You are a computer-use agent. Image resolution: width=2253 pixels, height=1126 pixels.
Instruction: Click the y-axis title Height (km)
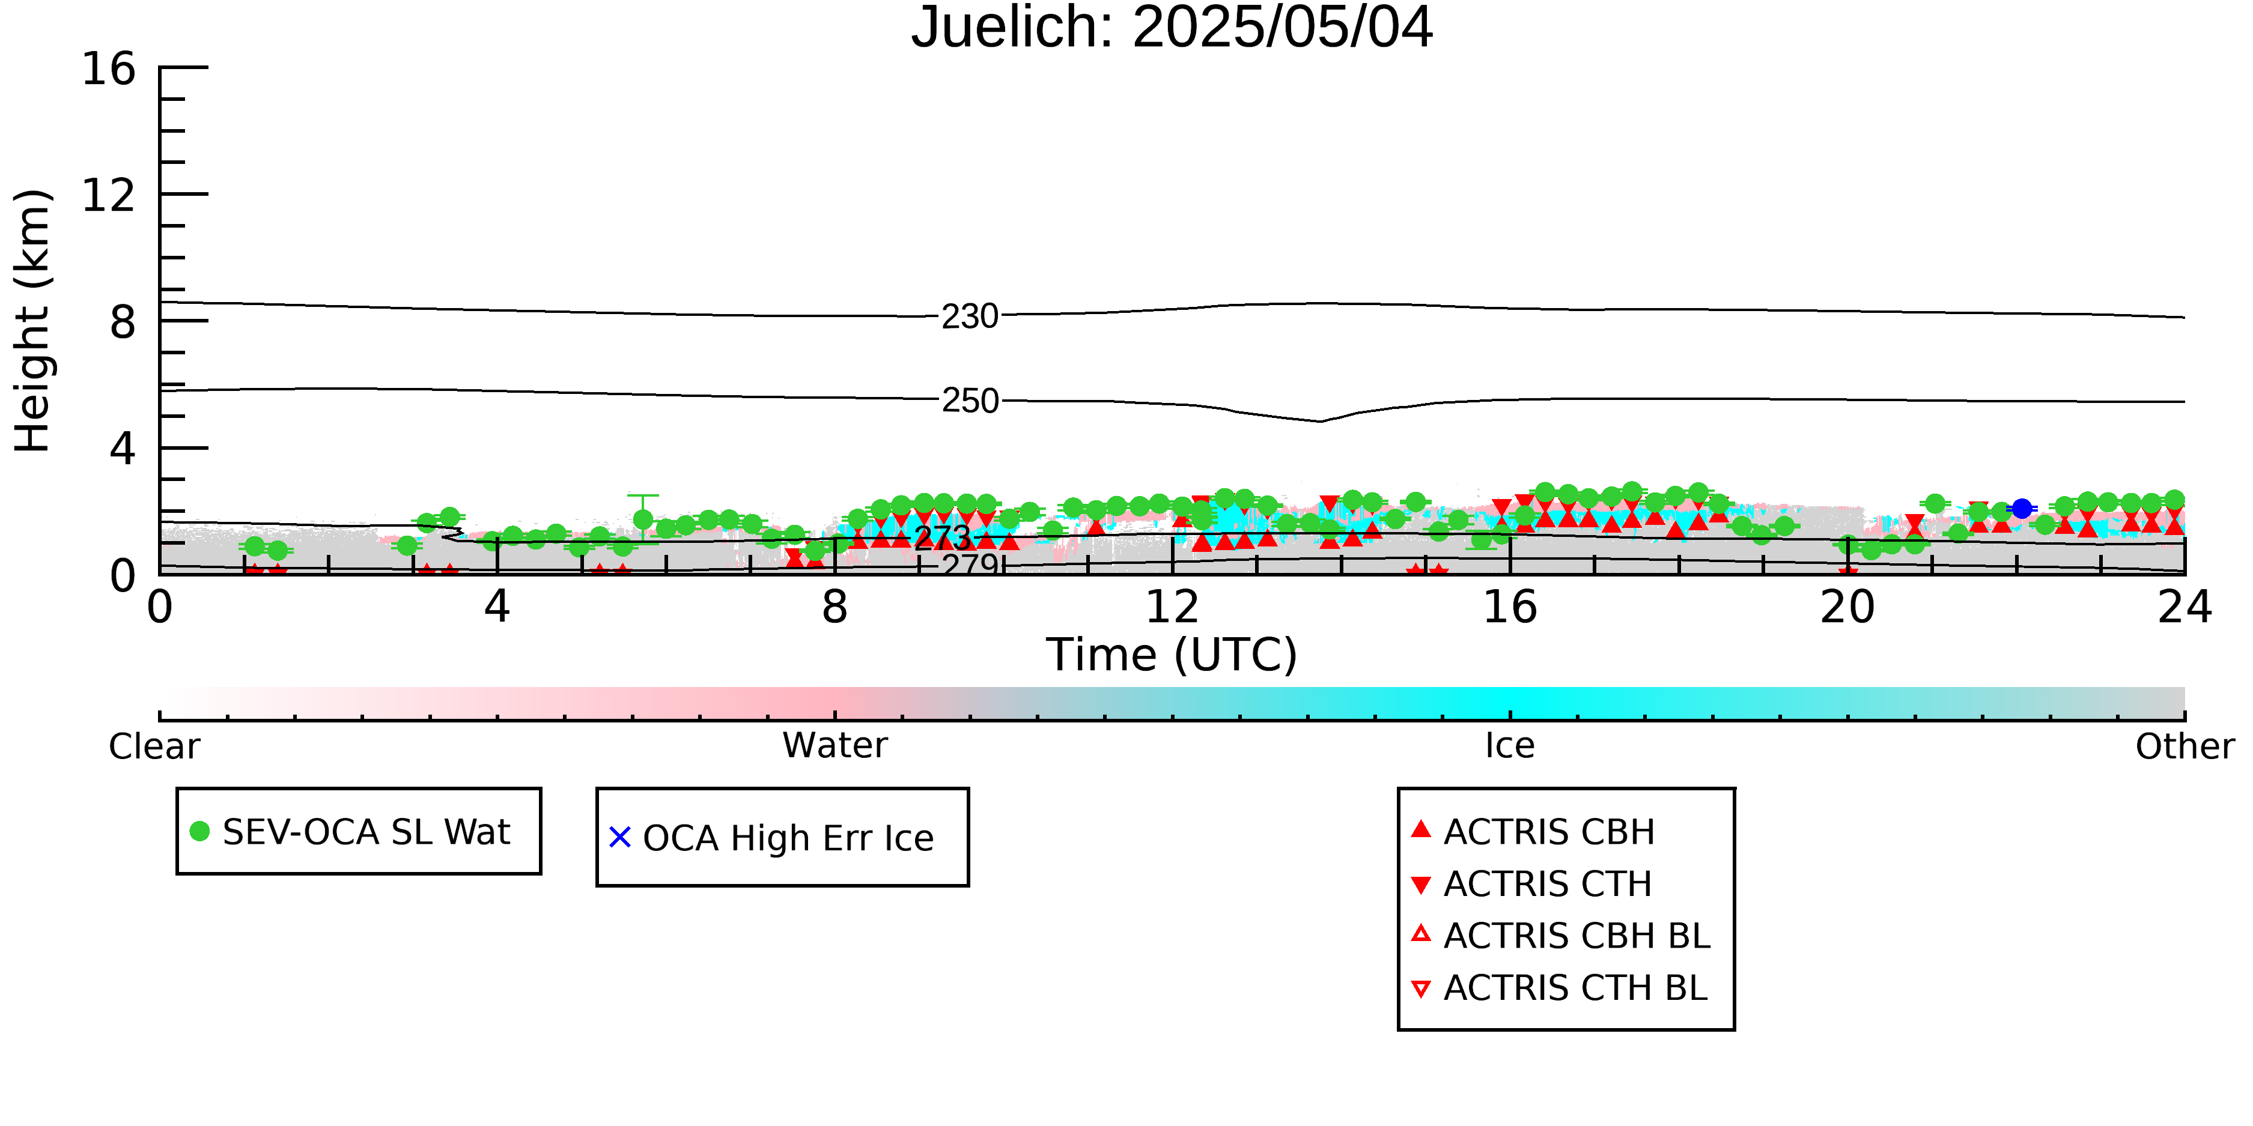pos(33,321)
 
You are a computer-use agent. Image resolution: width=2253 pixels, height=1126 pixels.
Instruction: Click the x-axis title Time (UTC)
pos(1172,655)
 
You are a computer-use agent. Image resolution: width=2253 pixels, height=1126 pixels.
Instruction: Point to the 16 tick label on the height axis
pos(109,68)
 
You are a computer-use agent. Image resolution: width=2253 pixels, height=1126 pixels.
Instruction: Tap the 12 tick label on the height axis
pos(109,195)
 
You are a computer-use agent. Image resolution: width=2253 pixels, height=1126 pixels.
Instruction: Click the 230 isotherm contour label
pos(970,316)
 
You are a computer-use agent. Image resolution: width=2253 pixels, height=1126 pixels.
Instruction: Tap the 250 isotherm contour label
pos(970,401)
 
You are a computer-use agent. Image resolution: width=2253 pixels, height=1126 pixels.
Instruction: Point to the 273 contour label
pos(943,537)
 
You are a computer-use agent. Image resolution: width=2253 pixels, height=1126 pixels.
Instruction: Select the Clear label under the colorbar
pos(154,746)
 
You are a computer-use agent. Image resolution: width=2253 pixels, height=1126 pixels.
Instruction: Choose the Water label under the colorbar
pos(835,746)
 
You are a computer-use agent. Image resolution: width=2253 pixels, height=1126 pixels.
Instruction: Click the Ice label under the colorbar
pos(1510,746)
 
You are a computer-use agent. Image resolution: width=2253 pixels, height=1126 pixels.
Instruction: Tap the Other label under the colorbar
pos(2185,746)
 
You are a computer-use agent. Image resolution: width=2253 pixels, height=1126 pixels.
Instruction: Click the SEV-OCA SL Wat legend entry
pos(350,831)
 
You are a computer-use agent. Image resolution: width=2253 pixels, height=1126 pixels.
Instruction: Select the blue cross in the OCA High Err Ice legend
pos(620,838)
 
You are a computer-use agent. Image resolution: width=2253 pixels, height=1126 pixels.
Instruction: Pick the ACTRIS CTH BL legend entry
pos(1560,988)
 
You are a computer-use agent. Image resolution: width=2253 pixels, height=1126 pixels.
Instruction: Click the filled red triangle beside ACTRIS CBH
pos(1421,829)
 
